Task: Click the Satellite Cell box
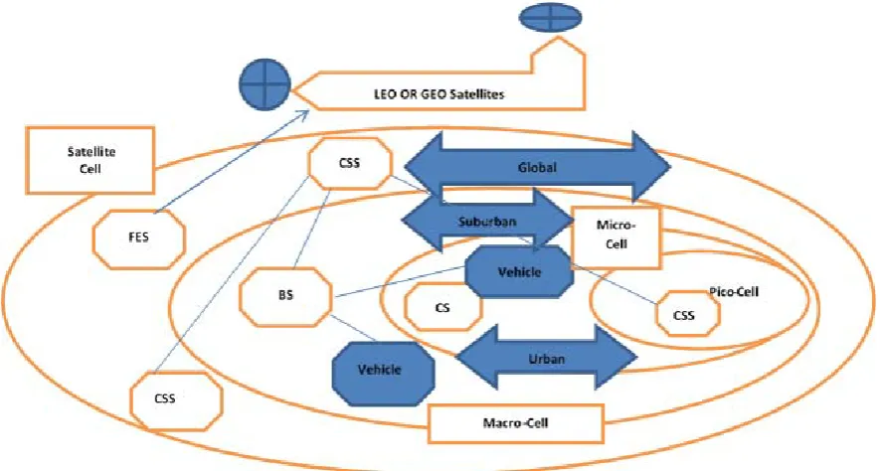coord(89,160)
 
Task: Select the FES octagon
coord(138,238)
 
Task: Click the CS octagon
coord(443,307)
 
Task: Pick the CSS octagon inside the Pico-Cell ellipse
coord(688,314)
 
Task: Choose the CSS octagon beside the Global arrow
coord(350,164)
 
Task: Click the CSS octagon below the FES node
coord(176,399)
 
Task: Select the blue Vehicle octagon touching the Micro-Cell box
coord(519,272)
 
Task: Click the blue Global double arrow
coord(537,167)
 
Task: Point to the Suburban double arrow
coord(487,221)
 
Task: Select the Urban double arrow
coord(546,358)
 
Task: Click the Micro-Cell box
coord(616,237)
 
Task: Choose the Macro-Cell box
coord(516,422)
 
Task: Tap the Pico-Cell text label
coord(734,291)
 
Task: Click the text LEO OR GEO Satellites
coord(440,93)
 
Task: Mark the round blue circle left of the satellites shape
coord(264,85)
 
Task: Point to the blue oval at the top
coord(550,18)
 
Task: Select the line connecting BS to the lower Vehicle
coord(355,328)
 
